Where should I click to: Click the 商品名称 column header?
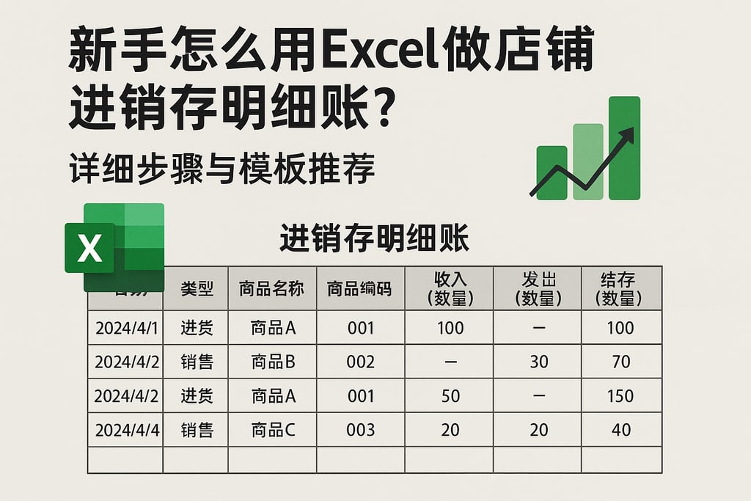click(x=271, y=288)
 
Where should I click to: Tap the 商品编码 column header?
click(x=359, y=288)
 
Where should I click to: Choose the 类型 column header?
click(x=196, y=288)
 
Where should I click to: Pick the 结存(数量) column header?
click(x=620, y=288)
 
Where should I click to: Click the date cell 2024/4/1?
click(x=126, y=327)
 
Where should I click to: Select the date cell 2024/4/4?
click(x=126, y=429)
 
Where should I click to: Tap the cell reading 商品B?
click(x=273, y=362)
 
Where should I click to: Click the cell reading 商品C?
click(x=273, y=429)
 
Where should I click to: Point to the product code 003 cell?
click(x=361, y=429)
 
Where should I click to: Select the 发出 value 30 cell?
click(x=538, y=362)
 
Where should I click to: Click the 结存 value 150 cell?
click(x=620, y=395)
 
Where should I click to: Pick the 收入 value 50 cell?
click(x=450, y=395)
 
